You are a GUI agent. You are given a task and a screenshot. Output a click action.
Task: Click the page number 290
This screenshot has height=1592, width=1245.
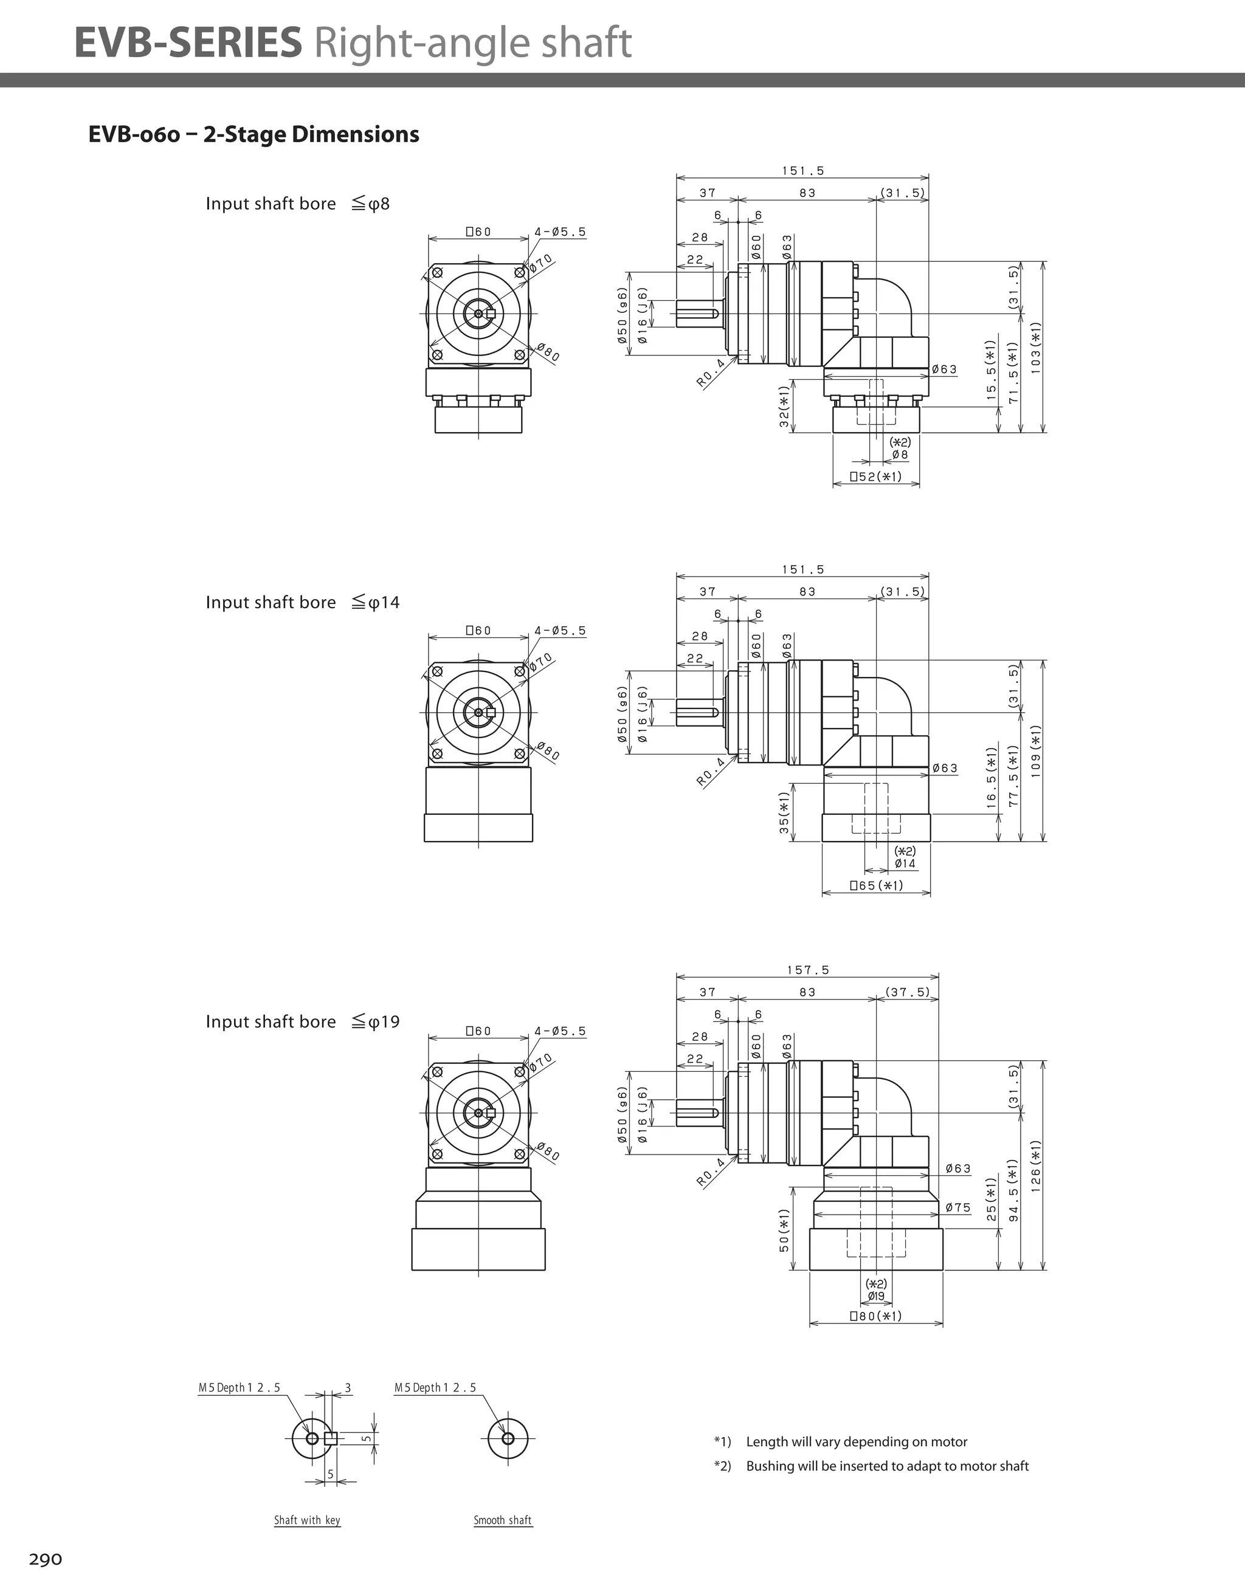[45, 1560]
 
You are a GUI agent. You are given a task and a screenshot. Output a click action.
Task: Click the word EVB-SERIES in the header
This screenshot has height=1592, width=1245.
[187, 43]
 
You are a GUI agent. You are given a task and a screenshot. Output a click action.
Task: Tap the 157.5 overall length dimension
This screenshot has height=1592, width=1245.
[807, 970]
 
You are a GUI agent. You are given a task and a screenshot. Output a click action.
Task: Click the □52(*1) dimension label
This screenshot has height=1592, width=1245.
[876, 477]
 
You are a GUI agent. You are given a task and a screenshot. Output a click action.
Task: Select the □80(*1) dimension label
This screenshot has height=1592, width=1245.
[876, 1316]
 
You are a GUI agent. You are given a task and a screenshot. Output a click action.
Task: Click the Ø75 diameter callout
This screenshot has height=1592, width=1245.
[957, 1208]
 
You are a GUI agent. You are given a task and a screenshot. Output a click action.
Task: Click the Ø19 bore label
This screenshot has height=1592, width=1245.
[876, 1296]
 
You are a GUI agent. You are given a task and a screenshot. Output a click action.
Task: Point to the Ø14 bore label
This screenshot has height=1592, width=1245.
[905, 864]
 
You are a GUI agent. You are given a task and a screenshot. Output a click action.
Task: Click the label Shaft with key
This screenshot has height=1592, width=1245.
[307, 1520]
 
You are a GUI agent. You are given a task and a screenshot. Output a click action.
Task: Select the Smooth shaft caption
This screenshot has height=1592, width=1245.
[503, 1520]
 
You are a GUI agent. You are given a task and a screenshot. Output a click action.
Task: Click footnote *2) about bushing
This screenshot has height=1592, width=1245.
[872, 1466]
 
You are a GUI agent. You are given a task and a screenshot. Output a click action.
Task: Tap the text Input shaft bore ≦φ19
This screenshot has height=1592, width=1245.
[302, 1022]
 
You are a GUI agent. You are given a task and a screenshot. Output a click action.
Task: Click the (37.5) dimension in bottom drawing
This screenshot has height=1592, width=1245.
[908, 992]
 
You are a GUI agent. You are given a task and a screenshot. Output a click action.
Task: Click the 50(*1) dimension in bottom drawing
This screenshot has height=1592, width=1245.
[784, 1231]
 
